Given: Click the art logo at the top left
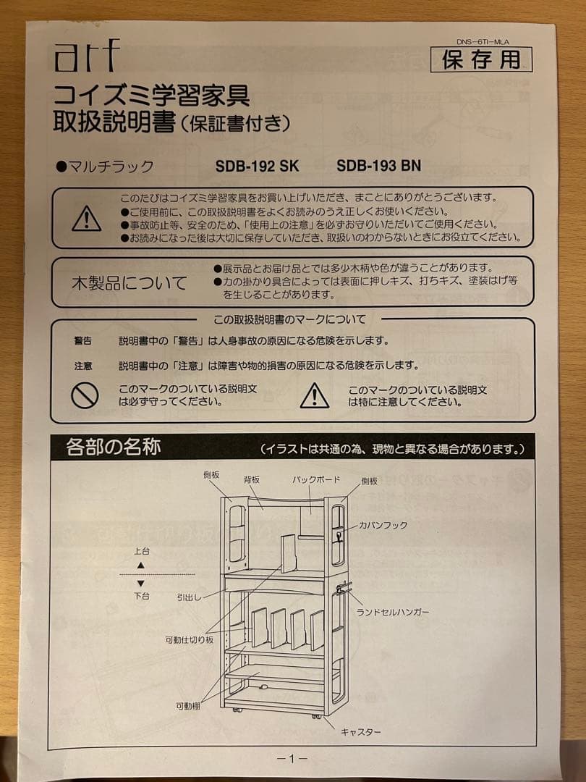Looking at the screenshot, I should pos(85,57).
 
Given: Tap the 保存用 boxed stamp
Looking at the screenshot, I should pos(481,60).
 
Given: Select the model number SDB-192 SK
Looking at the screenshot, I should pos(257,166).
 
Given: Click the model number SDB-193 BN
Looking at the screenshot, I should pos(378,166).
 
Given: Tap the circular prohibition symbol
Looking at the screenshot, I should pos(85,395).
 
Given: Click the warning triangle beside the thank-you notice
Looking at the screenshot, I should pos(87,218).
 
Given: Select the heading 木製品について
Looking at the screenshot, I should pos(129,282).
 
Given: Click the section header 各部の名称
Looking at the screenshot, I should pos(113,447).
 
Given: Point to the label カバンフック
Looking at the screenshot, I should pos(383,525).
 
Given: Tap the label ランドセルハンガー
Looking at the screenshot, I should pos(393,613).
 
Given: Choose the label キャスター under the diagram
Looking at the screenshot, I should pos(360,732).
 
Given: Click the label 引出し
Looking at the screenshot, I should pos(188,597).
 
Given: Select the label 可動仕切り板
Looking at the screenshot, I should pos(189,640).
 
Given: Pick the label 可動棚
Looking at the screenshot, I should pos(187,706).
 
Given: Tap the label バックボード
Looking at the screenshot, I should pos(316,479).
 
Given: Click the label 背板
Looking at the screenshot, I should pos(252,479).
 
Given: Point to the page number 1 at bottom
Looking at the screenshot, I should pos(292,759).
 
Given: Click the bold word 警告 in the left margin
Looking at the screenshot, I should pos(83,340).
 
